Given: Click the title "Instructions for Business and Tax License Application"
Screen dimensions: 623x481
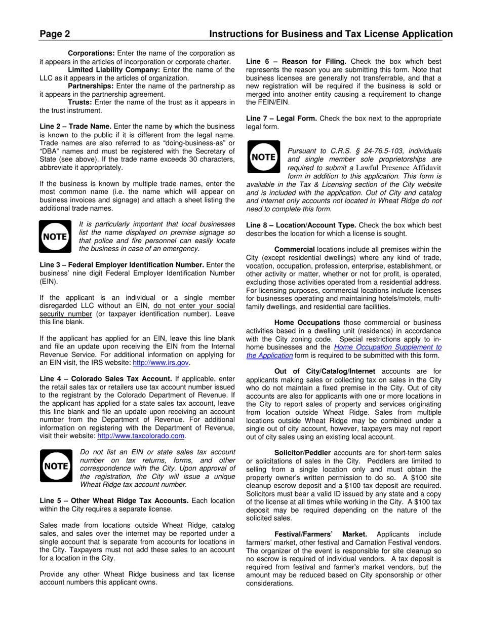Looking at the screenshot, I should (x=331, y=34).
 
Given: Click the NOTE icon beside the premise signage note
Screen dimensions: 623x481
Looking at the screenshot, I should (x=55, y=237).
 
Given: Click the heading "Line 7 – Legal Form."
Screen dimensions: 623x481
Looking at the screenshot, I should (x=282, y=119).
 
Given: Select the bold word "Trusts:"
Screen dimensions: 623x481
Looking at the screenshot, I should (x=80, y=102).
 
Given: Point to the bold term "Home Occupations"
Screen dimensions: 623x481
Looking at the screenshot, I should (x=307, y=322).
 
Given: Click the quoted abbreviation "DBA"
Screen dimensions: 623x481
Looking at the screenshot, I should (x=51, y=151).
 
